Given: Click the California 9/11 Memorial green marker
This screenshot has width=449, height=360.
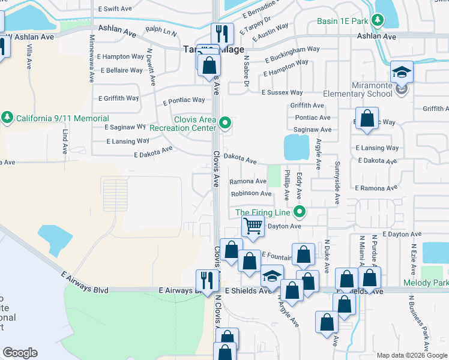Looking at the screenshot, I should pos(7,116).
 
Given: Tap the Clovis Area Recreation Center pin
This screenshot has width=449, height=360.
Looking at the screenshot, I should pos(225,124).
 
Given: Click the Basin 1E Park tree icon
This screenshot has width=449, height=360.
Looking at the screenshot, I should pos(377,20).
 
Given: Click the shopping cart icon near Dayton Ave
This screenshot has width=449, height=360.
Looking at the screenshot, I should pos(253,227).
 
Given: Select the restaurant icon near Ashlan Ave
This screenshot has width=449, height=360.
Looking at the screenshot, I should pos(222,34).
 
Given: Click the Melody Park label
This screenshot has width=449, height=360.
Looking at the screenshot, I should pos(434,282).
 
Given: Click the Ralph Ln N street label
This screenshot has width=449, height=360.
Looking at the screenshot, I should pos(161,31).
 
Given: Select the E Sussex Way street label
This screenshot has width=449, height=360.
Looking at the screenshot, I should pos(282,92).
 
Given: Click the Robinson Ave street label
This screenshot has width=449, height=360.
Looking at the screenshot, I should pos(251,194).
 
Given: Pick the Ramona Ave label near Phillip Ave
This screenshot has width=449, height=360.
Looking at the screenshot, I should pos(248,181).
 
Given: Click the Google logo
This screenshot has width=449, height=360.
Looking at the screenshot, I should pos(20,353).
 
